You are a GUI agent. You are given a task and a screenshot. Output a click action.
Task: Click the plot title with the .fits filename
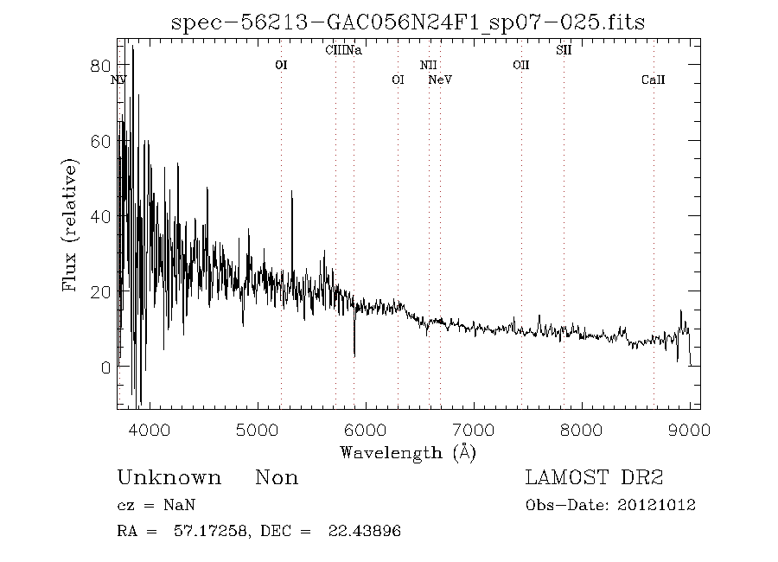click(x=408, y=22)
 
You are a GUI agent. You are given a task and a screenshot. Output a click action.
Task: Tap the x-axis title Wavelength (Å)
click(x=408, y=452)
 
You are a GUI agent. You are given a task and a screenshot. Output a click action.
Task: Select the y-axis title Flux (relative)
click(x=73, y=223)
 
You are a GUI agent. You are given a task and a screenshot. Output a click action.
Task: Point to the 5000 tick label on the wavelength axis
click(x=257, y=429)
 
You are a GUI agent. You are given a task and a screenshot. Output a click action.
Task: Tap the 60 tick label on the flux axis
click(x=99, y=141)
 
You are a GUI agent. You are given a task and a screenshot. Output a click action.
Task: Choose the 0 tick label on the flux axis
click(x=105, y=367)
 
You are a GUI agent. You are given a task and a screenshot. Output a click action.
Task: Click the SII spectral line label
click(x=564, y=50)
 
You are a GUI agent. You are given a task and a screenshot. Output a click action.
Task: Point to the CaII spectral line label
click(x=654, y=80)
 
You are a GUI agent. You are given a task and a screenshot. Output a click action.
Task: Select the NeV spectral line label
click(x=441, y=80)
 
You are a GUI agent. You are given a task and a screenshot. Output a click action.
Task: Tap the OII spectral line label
click(x=520, y=65)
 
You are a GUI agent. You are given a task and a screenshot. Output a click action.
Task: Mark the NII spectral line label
click(x=429, y=65)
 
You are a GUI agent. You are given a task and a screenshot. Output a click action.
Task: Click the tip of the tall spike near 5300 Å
click(x=292, y=192)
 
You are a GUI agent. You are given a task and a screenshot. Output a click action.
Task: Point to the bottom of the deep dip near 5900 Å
click(x=354, y=354)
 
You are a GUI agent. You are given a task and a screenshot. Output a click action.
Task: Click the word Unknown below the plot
click(x=169, y=478)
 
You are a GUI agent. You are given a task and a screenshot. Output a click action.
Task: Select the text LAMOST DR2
click(x=595, y=478)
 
